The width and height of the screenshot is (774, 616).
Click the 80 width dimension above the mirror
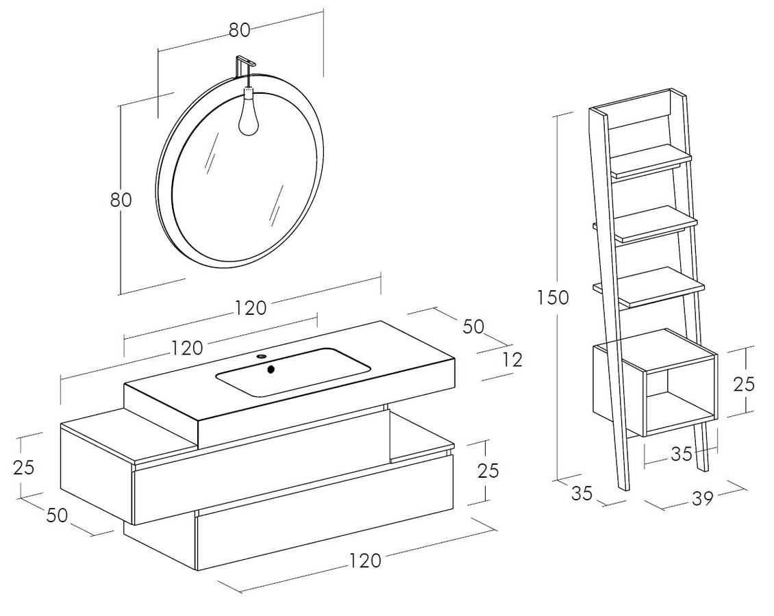[240, 30]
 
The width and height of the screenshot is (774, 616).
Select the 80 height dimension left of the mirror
[121, 200]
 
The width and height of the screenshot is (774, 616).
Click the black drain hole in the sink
[271, 368]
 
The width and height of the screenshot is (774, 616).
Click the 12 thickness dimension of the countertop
[513, 360]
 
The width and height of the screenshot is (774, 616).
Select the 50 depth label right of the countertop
[473, 326]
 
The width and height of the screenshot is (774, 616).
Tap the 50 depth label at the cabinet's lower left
[58, 515]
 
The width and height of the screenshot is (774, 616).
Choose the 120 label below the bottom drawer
[365, 561]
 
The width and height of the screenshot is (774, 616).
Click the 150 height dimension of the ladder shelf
[553, 298]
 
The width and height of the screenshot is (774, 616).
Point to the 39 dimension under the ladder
[703, 499]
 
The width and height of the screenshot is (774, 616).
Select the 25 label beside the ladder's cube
[743, 384]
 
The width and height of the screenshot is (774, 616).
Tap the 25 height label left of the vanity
[24, 467]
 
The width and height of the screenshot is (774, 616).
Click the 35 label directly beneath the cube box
[682, 454]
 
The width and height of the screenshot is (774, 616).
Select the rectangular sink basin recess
[292, 372]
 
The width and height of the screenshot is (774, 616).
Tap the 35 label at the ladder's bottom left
[581, 493]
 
